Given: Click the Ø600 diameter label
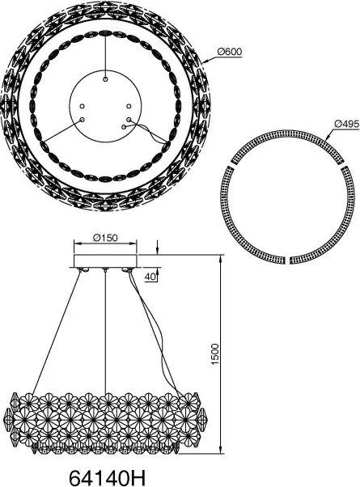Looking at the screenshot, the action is pos(230,52).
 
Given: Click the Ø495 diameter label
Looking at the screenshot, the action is pos(346,124).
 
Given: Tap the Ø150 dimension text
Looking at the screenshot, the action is pos(105,238).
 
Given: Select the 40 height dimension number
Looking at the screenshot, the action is pos(151,277).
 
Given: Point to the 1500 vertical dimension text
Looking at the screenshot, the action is pos(215,354).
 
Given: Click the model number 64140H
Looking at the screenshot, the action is pos(107,476).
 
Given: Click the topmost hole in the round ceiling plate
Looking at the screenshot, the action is pos(106,80).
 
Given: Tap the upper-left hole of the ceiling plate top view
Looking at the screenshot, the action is pos(82,106).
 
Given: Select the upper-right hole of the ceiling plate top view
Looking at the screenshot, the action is pos(129,106).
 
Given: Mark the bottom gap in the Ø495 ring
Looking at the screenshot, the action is pos(288,260).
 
